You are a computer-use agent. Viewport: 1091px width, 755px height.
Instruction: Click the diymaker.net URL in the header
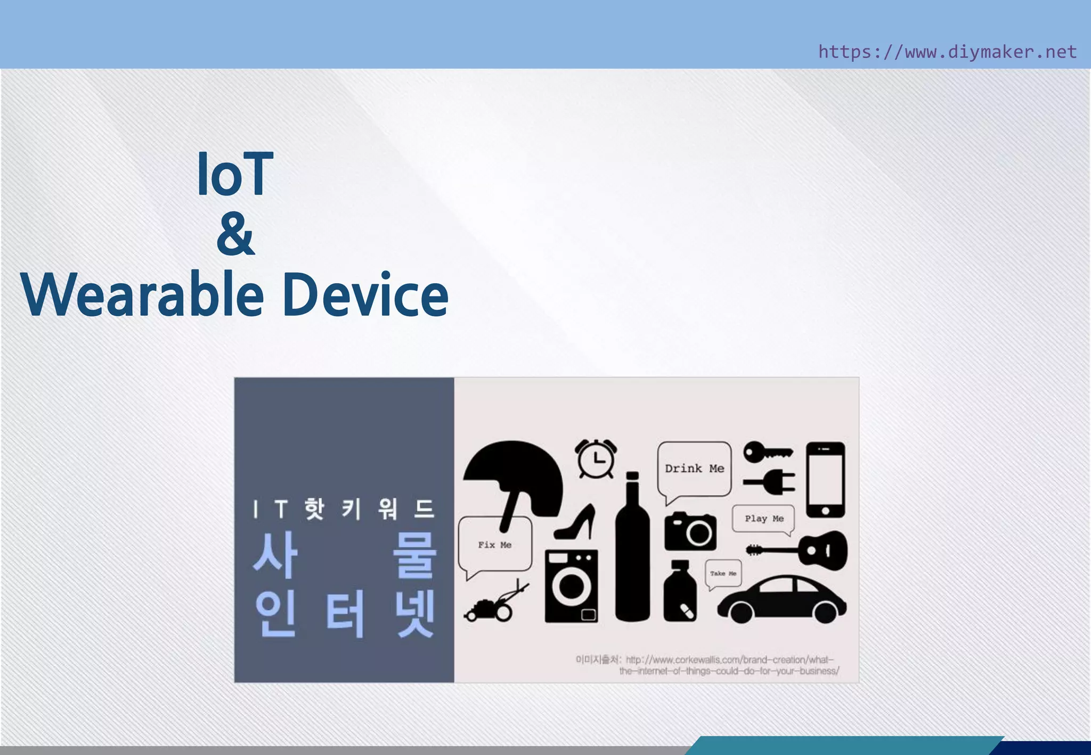947,52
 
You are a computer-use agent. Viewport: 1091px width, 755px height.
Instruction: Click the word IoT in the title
235,174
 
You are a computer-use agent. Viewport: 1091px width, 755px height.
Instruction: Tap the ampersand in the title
235,234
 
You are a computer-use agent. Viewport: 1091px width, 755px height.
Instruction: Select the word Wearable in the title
142,294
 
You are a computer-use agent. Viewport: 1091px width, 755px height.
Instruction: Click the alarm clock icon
596,458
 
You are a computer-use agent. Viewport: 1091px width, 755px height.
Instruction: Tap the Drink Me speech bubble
694,469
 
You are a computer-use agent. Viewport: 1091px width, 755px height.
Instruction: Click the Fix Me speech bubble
494,545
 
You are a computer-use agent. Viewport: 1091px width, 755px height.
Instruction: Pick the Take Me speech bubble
723,573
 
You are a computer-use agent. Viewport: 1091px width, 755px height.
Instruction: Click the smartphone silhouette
825,479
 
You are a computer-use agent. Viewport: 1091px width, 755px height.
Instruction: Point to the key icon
767,453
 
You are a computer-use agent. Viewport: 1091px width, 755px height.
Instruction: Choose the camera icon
690,531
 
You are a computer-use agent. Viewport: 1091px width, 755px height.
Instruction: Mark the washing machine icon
571,586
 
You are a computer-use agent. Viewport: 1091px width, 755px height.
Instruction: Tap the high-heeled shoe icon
576,523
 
